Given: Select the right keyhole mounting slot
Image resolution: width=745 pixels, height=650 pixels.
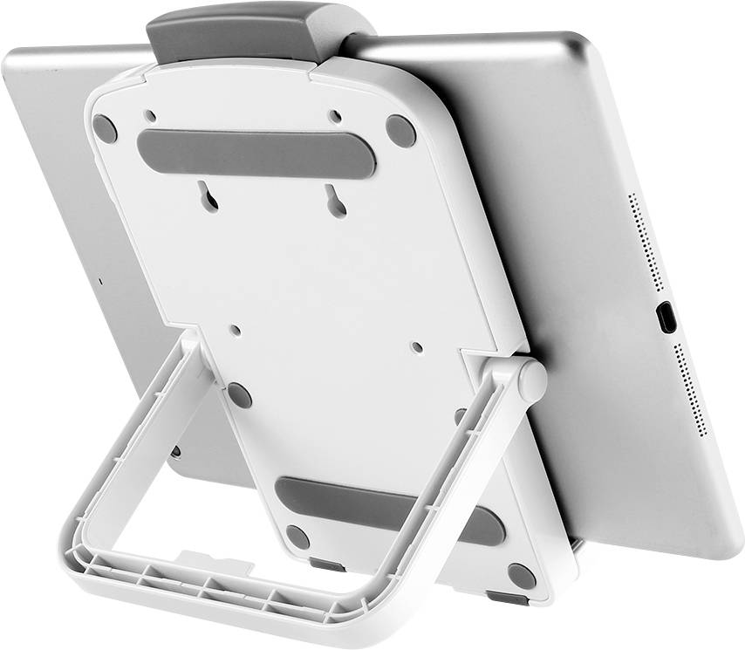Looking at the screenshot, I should (333, 199).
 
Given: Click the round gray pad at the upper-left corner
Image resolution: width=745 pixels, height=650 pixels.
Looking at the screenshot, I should (106, 129).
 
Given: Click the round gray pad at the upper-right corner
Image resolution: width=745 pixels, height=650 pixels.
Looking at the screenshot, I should (400, 131).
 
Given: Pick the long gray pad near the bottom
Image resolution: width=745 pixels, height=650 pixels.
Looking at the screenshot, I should (390, 509).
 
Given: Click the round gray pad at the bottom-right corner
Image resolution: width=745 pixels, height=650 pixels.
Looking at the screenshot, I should (522, 576).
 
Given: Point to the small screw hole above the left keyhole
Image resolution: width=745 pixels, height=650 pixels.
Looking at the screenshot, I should (150, 115).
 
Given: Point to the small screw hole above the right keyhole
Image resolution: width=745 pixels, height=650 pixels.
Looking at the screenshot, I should (334, 116).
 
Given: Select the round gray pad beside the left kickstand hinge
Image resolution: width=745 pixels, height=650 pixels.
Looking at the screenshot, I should (239, 395).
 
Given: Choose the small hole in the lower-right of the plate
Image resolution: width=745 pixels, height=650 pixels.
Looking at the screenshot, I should (416, 346).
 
